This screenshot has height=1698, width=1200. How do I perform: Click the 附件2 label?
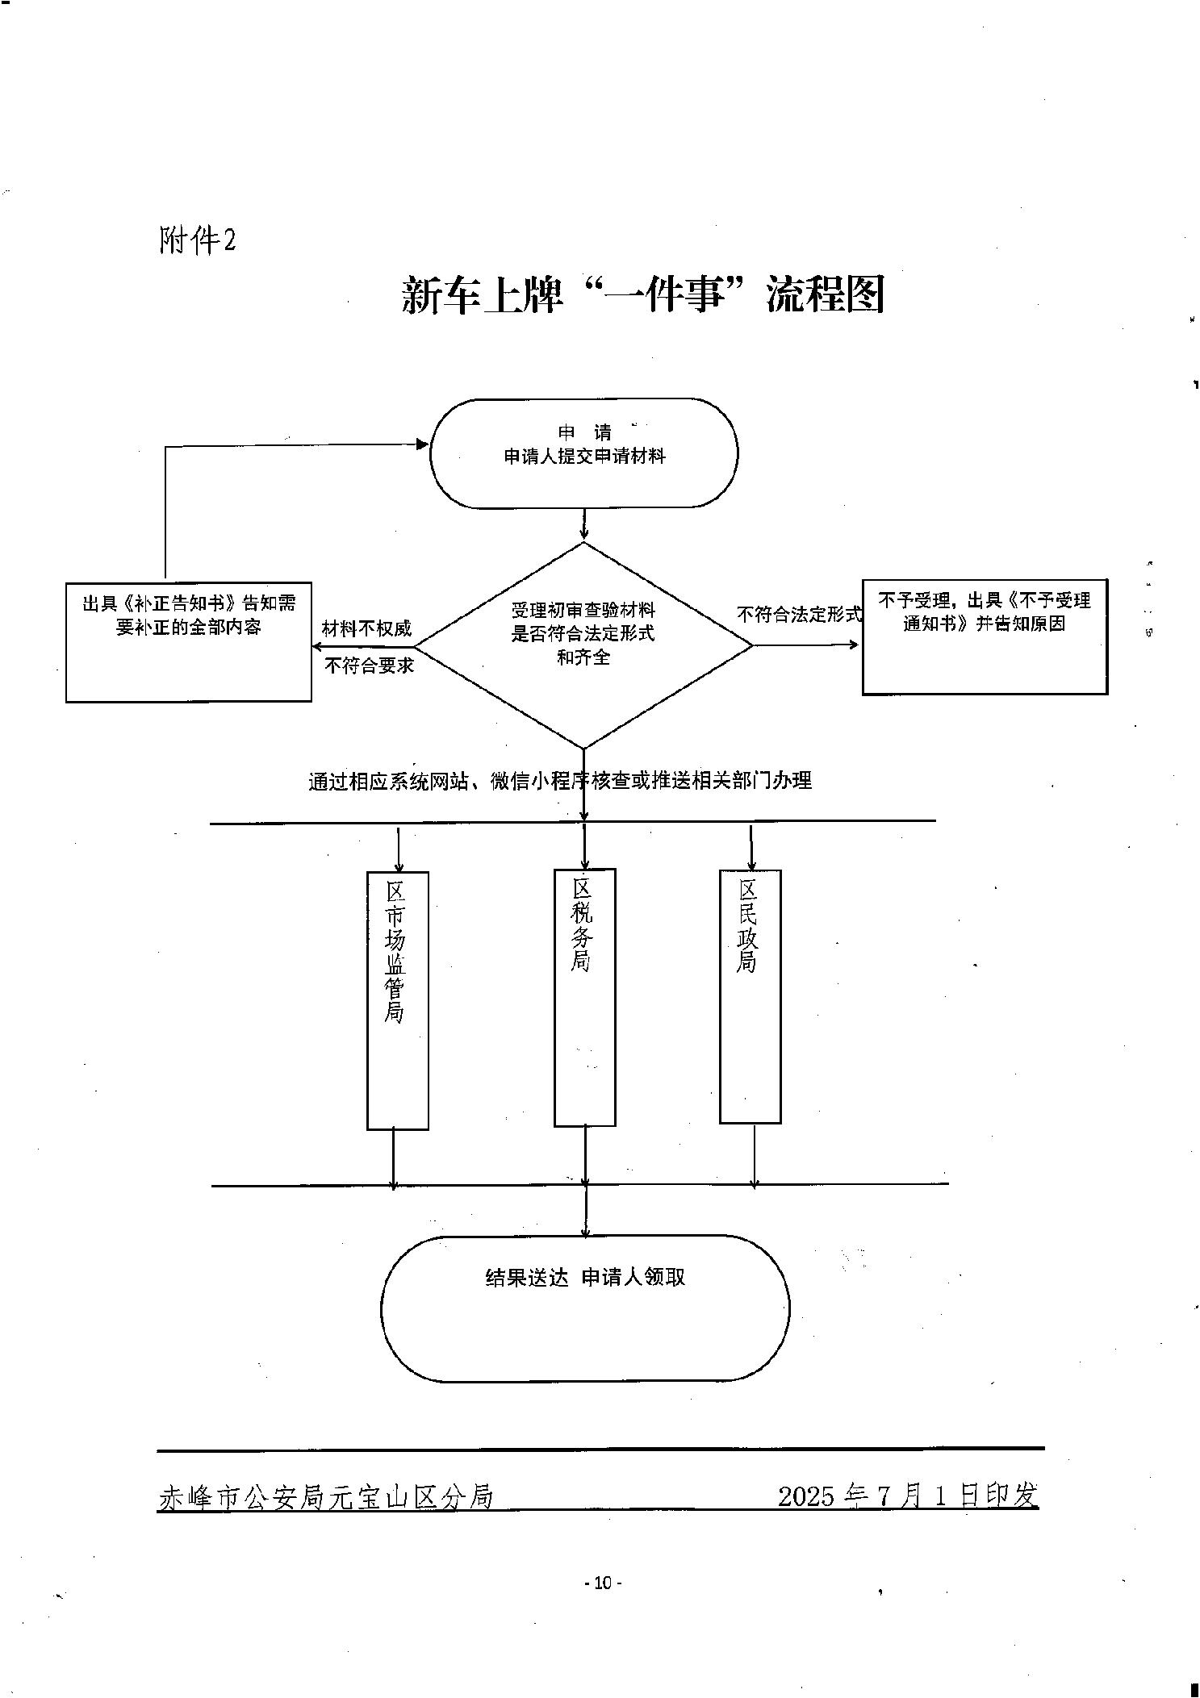(x=198, y=240)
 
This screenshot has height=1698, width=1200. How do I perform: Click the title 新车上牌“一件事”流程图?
(x=643, y=295)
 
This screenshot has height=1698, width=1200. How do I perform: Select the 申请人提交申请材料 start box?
(x=583, y=453)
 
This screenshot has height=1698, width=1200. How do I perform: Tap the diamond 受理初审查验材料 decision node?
(x=583, y=645)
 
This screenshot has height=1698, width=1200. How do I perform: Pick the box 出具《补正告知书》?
(x=189, y=641)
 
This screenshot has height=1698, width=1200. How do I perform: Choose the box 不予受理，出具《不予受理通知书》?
(x=984, y=636)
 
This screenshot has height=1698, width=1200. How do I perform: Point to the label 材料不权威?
(x=366, y=628)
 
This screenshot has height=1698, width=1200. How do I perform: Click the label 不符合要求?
(x=369, y=665)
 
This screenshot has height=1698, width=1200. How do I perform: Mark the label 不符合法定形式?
(x=799, y=615)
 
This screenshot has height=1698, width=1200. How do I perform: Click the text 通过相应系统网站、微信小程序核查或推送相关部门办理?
(x=559, y=781)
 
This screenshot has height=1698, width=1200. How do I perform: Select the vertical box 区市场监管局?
(x=397, y=999)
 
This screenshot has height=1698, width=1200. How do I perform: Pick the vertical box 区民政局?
(x=750, y=995)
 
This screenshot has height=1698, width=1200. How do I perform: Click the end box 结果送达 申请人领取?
(x=584, y=1308)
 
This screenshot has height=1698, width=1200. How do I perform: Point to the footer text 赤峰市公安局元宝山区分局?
(x=325, y=1496)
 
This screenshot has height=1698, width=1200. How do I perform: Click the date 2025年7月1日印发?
(x=908, y=1496)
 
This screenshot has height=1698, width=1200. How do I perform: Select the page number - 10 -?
(x=603, y=1583)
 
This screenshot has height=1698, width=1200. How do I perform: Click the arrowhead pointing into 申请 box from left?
(x=421, y=444)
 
